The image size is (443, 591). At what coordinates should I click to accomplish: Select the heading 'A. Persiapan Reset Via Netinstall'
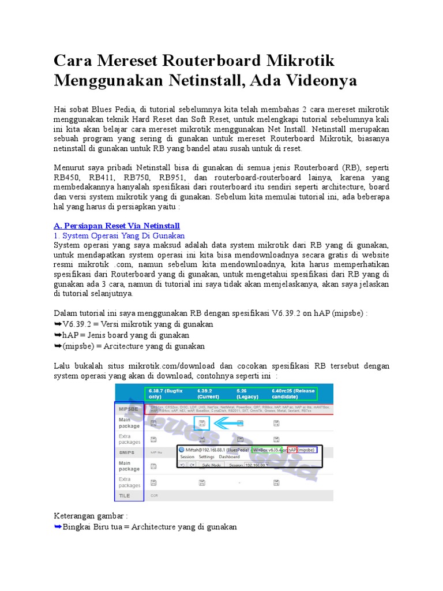click(117, 225)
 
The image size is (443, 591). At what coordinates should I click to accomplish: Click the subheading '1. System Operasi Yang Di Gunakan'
click(119, 235)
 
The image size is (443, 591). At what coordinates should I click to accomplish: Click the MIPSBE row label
click(128, 408)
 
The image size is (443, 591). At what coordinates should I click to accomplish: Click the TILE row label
click(124, 495)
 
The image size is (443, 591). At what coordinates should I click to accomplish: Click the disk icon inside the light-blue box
click(202, 423)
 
